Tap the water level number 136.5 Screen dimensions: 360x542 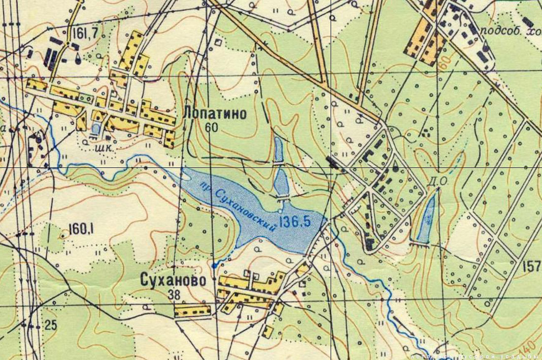pos(295,222)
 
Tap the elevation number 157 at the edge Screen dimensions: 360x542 pos(532,266)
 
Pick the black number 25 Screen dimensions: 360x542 pos(50,325)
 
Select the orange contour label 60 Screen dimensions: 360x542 pos(446,62)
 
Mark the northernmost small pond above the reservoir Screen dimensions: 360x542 pos(278,150)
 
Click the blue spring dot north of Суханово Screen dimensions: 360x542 pos(214,266)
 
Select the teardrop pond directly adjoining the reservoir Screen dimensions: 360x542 pos(281,183)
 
